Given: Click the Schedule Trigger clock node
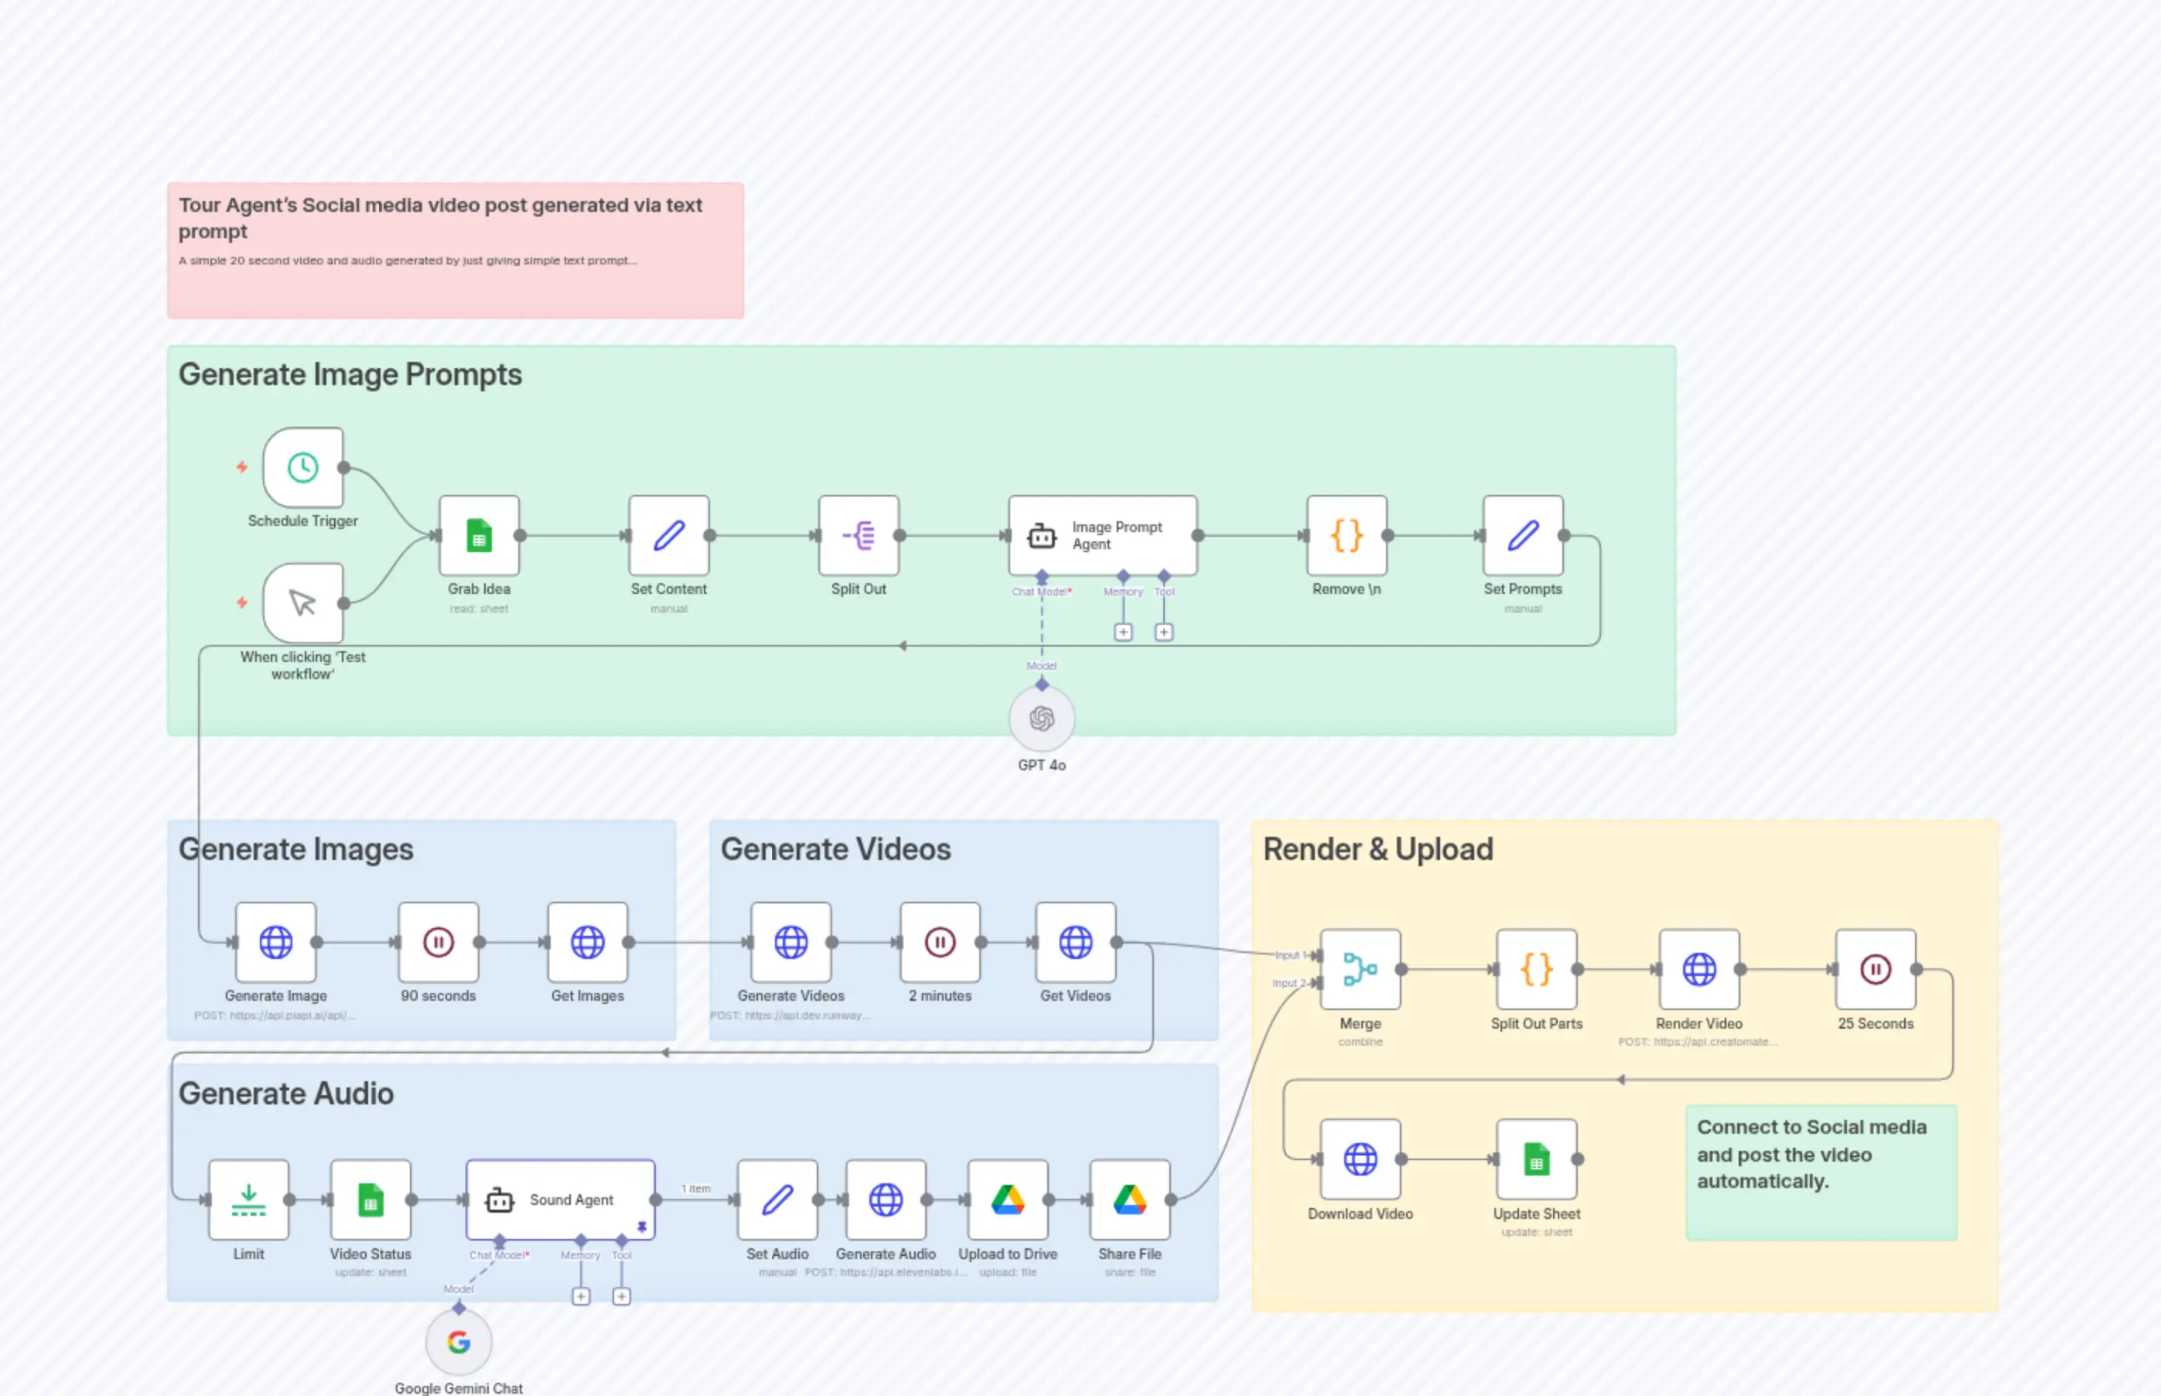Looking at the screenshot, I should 302,468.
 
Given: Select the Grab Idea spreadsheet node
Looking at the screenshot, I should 479,536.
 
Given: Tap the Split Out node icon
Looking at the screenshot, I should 859,536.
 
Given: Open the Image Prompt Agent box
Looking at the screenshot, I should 1102,536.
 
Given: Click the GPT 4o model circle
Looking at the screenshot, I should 1042,718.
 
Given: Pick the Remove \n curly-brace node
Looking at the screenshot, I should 1346,536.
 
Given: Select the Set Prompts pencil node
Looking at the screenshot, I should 1523,536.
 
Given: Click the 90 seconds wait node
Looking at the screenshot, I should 438,943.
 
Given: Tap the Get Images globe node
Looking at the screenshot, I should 587,943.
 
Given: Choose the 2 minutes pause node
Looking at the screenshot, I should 940,943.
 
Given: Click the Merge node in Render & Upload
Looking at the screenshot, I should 1360,970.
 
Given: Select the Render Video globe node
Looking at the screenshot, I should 1698,970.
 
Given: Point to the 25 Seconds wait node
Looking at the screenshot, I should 1876,970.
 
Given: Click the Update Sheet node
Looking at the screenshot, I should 1537,1159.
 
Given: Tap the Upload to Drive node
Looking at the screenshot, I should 1007,1200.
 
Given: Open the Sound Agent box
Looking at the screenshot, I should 560,1200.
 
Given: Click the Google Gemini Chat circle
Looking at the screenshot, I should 459,1343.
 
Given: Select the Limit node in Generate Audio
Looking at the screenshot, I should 248,1200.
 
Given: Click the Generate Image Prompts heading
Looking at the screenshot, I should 350,374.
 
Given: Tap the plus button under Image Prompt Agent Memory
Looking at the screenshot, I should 1123,632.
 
